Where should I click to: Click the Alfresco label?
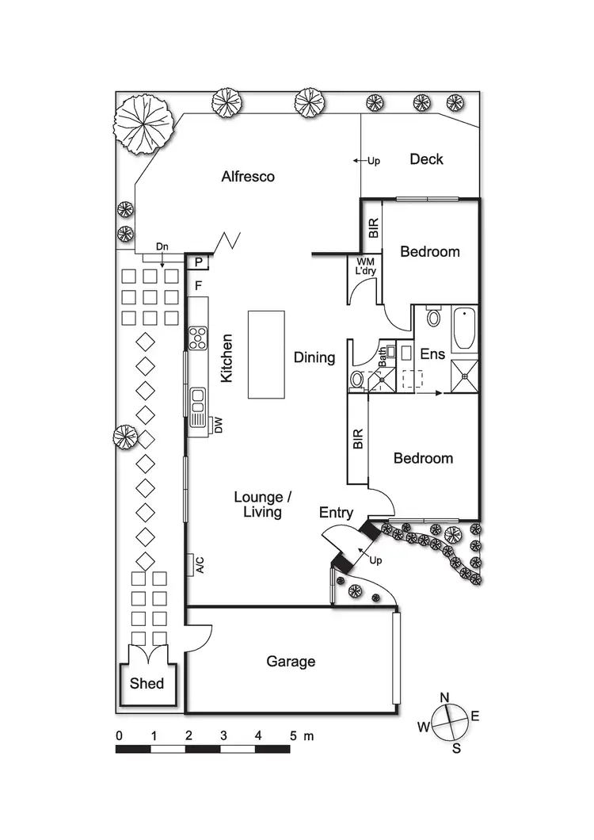point(247,177)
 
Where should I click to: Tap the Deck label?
point(426,159)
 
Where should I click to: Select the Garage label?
point(290,661)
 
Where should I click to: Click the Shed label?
point(147,683)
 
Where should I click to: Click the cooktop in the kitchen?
point(197,337)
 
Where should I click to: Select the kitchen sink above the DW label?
point(196,401)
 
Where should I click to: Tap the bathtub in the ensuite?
point(464,331)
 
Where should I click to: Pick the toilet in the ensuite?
point(432,318)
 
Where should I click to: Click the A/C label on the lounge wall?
point(200,564)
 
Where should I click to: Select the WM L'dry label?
point(367,266)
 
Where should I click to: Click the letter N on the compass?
point(445,697)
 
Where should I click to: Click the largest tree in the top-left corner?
point(143,123)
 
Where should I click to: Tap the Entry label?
point(336,514)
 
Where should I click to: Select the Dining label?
point(314,357)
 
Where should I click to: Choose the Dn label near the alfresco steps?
point(162,247)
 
